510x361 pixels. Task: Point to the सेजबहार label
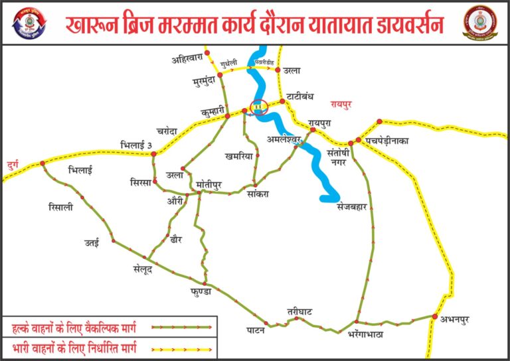point(348,206)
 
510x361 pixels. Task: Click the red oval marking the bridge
point(256,109)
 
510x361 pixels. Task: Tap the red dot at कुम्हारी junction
point(228,116)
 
